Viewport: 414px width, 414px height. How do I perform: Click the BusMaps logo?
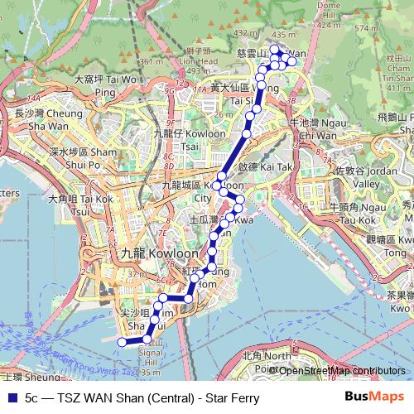click(373, 397)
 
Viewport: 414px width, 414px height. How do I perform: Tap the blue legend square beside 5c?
click(10, 398)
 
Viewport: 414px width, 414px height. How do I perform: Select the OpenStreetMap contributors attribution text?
click(342, 371)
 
